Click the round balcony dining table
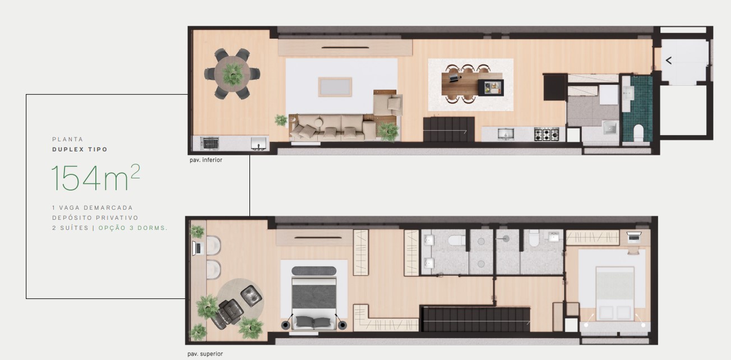coord(232,73)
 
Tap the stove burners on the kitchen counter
coord(546,134)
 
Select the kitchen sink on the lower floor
coord(505,134)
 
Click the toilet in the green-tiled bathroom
coord(638,132)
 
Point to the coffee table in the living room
coord(335,87)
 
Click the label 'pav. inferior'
coord(206,160)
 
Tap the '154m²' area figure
coord(95,177)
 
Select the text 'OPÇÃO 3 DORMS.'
coord(133,228)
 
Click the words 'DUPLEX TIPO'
coord(80,149)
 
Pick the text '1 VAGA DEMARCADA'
coord(92,207)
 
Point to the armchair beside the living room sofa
coord(394,104)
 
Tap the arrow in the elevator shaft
coord(668,60)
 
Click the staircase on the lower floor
coord(448,129)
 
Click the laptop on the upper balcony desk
coord(197,248)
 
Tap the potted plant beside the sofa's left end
coord(281,119)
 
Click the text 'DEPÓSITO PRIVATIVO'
coord(95,218)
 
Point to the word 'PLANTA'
coord(67,139)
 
